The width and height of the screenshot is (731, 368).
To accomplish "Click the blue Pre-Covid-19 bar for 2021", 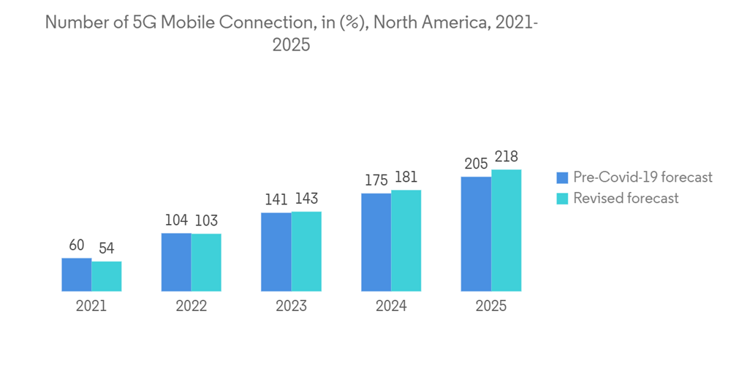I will [76, 275].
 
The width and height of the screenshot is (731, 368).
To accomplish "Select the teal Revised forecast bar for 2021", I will [107, 276].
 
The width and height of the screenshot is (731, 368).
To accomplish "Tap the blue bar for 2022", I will [176, 262].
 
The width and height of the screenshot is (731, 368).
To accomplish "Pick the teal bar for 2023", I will [306, 251].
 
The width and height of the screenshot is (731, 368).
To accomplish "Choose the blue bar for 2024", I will [376, 242].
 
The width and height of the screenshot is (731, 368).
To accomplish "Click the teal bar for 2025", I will [506, 230].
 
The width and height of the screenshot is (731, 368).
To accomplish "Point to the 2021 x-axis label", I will [91, 307].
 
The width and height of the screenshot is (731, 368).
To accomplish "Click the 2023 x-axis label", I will [291, 307].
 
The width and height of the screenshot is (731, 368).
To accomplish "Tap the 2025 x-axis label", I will [491, 307].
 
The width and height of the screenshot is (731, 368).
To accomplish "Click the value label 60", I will [77, 245].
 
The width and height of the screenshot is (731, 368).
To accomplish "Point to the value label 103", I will [206, 221].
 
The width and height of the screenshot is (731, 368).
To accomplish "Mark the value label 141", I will [276, 199].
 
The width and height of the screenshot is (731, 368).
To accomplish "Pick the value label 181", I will [406, 177].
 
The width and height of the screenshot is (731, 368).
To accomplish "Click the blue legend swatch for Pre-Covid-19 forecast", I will [562, 177].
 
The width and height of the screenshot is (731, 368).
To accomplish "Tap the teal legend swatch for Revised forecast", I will [562, 199].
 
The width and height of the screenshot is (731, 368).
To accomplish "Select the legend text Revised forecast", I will [626, 199].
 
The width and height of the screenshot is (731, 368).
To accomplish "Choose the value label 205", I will [475, 164].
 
